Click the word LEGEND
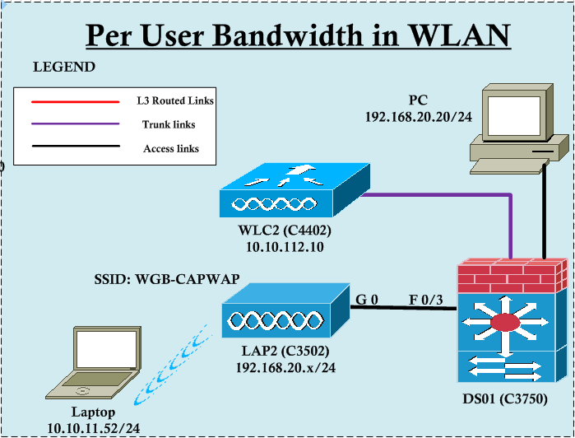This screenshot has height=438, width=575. [x=64, y=68]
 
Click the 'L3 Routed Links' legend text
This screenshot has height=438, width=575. [x=175, y=101]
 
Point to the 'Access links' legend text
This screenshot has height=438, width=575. [x=171, y=149]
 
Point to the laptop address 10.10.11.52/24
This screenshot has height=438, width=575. [x=93, y=427]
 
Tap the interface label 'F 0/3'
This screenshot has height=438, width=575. [x=425, y=299]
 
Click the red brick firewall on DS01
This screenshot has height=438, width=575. [x=512, y=277]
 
